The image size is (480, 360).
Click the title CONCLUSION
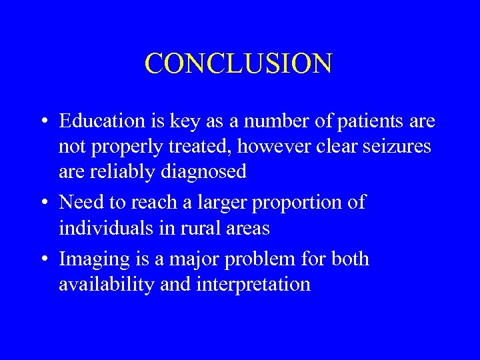[238, 64]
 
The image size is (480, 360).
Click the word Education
[101, 121]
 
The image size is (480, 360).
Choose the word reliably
[123, 172]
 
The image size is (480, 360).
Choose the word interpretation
[253, 284]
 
